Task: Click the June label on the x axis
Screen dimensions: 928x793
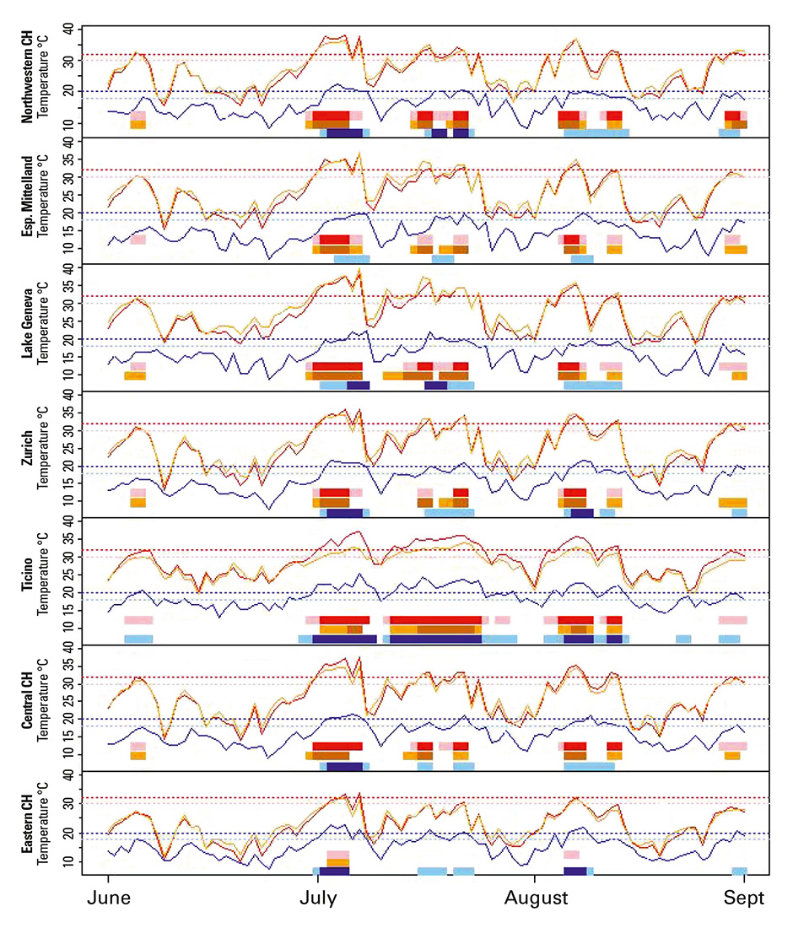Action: (108, 899)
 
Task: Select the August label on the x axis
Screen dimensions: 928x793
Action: (534, 899)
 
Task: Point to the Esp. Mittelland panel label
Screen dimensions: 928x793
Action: (27, 201)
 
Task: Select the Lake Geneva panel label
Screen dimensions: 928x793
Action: (27, 327)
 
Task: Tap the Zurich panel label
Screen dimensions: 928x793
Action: (27, 454)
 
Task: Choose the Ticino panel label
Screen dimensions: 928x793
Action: (27, 580)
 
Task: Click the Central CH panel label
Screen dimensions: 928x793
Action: (27, 707)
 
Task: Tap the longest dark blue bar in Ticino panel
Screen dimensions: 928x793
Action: (435, 639)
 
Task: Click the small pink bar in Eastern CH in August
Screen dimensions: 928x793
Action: (571, 855)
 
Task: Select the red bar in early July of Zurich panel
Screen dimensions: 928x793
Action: (334, 493)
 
